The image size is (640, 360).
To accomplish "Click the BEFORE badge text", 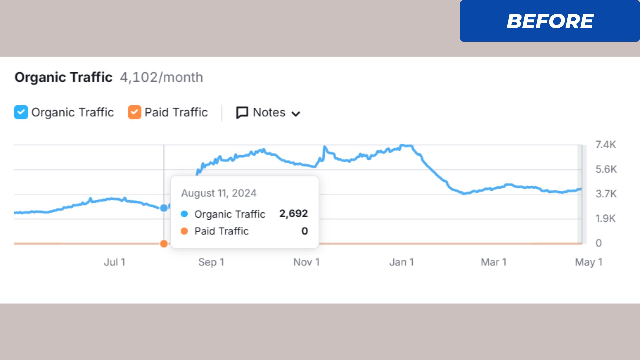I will (x=550, y=21).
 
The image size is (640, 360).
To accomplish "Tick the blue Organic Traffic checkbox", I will (x=21, y=112).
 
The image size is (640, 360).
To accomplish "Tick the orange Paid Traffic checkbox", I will (x=135, y=112).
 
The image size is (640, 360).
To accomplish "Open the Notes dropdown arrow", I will (x=296, y=114).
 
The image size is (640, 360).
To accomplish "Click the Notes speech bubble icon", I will (x=242, y=113).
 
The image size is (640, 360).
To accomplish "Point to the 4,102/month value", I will (x=161, y=77).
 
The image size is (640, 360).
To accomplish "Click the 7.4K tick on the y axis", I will (x=606, y=145).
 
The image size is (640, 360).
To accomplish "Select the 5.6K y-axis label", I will (x=606, y=169).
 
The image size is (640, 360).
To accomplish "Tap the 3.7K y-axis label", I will (x=606, y=194).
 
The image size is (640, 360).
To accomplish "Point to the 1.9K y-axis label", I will (x=605, y=219).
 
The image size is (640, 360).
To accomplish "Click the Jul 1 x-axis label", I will (x=114, y=262).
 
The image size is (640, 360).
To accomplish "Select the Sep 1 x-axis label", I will (x=211, y=262).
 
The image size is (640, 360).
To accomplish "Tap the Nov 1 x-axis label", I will (x=306, y=262).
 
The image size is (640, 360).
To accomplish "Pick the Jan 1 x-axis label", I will (x=401, y=262).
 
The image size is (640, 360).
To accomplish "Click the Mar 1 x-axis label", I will (x=493, y=262).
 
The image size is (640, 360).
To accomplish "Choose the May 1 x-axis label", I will (x=589, y=262).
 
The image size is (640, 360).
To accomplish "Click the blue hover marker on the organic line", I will (x=164, y=208).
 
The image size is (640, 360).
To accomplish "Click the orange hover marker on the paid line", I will (x=164, y=244).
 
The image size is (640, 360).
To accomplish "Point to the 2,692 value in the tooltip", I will (x=293, y=213).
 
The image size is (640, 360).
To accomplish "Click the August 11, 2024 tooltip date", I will (x=219, y=193).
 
